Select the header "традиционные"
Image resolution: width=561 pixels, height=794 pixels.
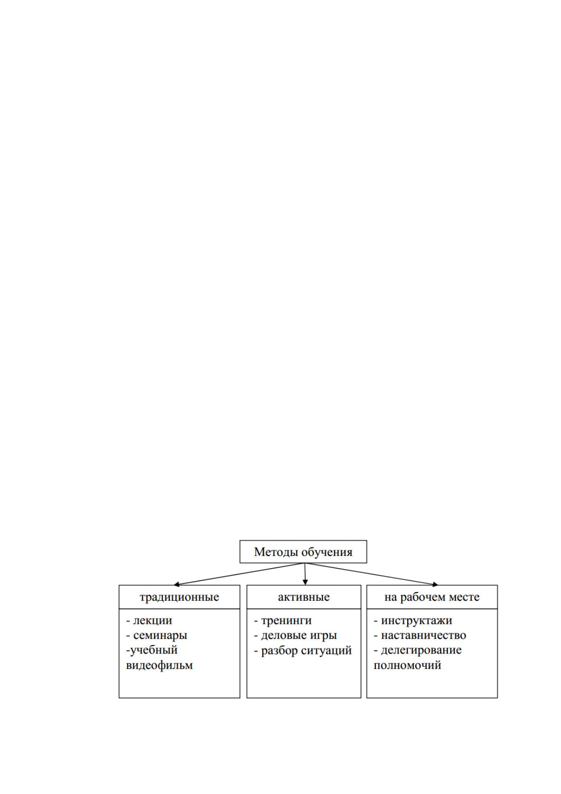(x=179, y=597)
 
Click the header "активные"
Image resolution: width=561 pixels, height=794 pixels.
(x=304, y=597)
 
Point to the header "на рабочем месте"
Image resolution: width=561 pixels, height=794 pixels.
(x=432, y=597)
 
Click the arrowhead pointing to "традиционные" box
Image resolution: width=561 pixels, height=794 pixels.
(x=176, y=584)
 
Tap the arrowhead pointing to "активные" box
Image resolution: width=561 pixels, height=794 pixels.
(x=305, y=582)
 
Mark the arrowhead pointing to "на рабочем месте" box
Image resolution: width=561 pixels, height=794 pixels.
(x=436, y=584)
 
